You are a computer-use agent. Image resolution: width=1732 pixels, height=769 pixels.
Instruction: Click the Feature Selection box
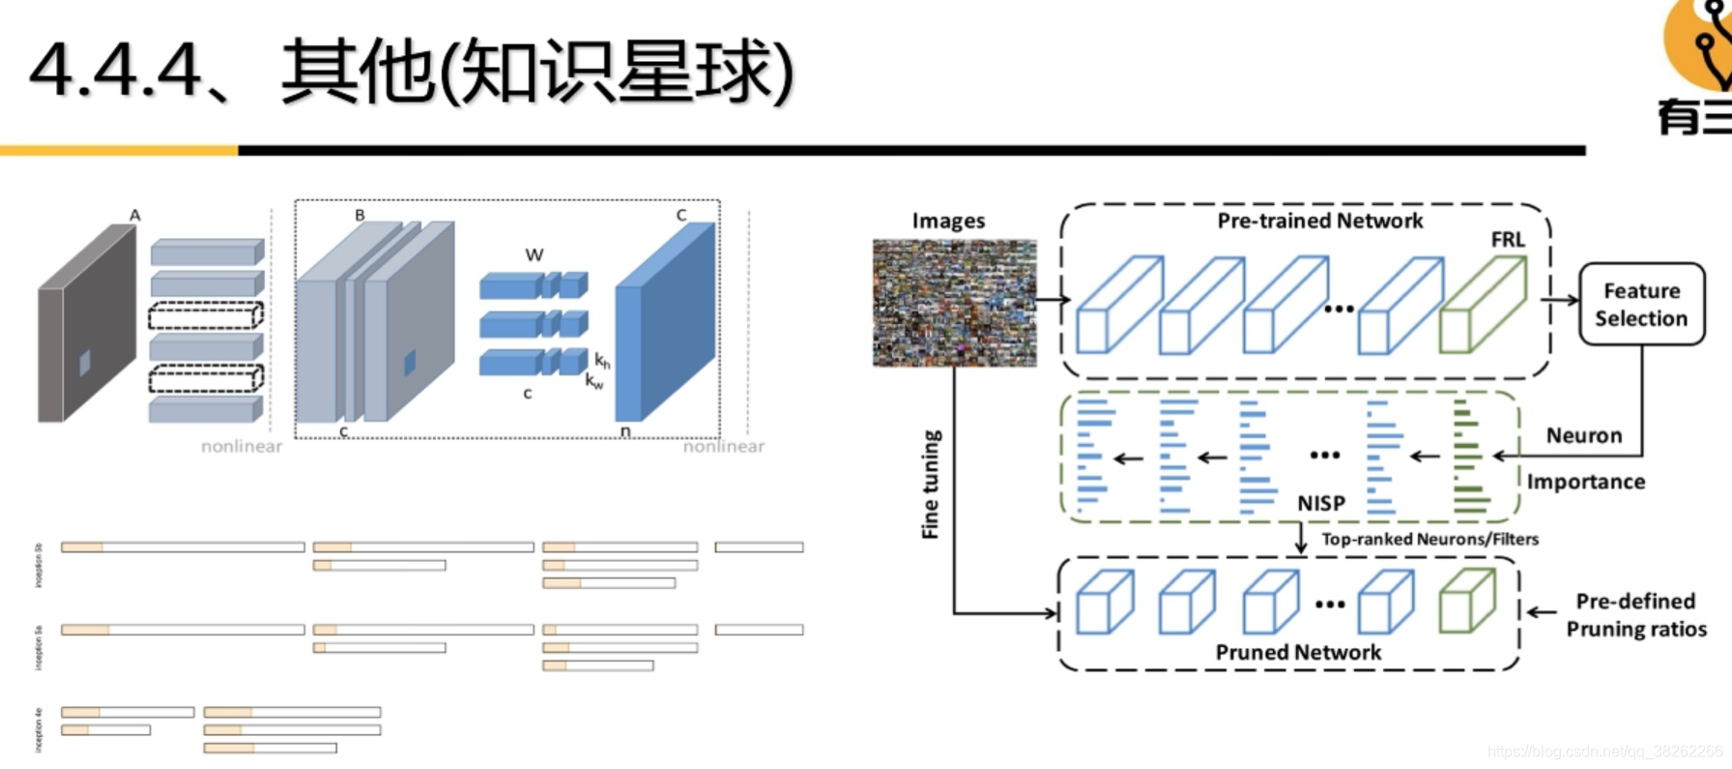tap(1641, 304)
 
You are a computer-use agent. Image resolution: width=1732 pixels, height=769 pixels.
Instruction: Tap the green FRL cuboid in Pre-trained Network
tap(1482, 305)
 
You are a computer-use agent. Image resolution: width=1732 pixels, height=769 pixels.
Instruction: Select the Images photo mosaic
tap(954, 303)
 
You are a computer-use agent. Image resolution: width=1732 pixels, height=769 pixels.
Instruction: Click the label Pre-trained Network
tap(1319, 222)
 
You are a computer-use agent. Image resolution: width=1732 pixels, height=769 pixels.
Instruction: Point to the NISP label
tap(1320, 503)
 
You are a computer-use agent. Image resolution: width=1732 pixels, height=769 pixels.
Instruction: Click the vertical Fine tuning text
tap(930, 484)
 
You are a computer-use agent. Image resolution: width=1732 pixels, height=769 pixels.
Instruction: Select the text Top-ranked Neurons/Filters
tap(1429, 539)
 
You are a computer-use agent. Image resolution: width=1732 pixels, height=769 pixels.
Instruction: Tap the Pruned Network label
tap(1298, 652)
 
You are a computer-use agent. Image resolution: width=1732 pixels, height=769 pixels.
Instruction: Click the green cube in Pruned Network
tap(1466, 602)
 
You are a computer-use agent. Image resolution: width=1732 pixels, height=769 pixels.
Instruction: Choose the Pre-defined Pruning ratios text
tap(1635, 615)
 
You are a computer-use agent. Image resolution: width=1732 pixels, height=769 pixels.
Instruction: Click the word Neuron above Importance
tap(1583, 435)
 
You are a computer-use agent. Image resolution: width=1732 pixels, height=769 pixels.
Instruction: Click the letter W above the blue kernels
tap(534, 255)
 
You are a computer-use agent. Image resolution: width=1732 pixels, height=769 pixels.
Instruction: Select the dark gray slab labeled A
tap(87, 324)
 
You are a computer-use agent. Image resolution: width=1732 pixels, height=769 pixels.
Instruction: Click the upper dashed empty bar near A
tap(205, 316)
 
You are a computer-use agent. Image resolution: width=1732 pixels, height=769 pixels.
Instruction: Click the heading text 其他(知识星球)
tap(536, 72)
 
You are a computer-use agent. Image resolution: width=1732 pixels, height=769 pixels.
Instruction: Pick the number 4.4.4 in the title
tap(116, 72)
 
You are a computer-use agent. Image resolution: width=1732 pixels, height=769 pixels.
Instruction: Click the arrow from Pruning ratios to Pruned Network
tap(1542, 611)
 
